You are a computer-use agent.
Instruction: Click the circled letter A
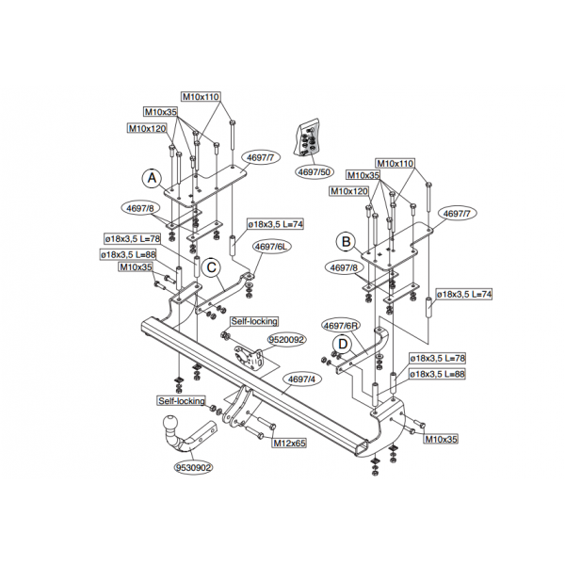pyautogui.click(x=152, y=178)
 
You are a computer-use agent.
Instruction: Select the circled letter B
pyautogui.click(x=346, y=241)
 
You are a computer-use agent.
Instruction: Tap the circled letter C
pyautogui.click(x=212, y=267)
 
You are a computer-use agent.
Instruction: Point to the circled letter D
pyautogui.click(x=343, y=344)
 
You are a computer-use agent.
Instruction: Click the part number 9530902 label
pyautogui.click(x=193, y=468)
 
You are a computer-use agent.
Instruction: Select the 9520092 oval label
pyautogui.click(x=287, y=340)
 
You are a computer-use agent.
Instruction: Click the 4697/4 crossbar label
pyautogui.click(x=302, y=379)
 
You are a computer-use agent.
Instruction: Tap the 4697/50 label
pyautogui.click(x=315, y=172)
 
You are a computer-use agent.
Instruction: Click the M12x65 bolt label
pyautogui.click(x=289, y=443)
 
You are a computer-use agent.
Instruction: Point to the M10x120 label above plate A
pyautogui.click(x=148, y=128)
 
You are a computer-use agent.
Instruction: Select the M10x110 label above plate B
pyautogui.click(x=395, y=163)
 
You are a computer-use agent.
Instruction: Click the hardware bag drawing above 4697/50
pyautogui.click(x=307, y=138)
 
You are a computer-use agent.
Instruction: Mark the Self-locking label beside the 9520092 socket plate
pyautogui.click(x=254, y=321)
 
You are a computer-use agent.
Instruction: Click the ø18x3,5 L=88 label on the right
pyautogui.click(x=437, y=374)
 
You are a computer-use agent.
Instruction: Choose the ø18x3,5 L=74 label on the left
pyautogui.click(x=275, y=224)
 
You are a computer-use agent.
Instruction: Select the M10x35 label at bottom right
pyautogui.click(x=441, y=439)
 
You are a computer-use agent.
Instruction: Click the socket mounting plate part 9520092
pyautogui.click(x=249, y=358)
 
